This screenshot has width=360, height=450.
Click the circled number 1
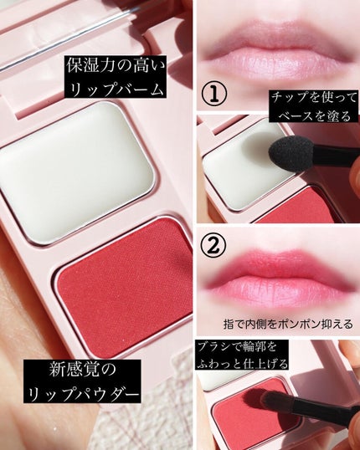coord(214,93)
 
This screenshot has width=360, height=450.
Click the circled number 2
coord(213,244)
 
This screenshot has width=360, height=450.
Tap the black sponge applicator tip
coord(291,155)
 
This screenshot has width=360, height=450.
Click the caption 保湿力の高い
coord(116,66)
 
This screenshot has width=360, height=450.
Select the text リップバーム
coord(116,87)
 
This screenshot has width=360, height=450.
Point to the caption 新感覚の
coord(82,370)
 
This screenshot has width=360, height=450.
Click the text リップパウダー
coord(82,392)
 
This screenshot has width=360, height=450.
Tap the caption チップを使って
coord(314,99)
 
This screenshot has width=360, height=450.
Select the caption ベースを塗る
coord(314,115)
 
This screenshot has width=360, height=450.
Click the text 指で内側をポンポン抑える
coord(288,324)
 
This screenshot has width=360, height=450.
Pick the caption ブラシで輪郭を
coord(237,346)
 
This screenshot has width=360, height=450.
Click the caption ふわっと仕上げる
coord(242,363)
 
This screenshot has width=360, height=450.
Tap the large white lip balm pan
coord(76,172)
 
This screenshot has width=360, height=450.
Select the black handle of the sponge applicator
coord(337,157)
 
